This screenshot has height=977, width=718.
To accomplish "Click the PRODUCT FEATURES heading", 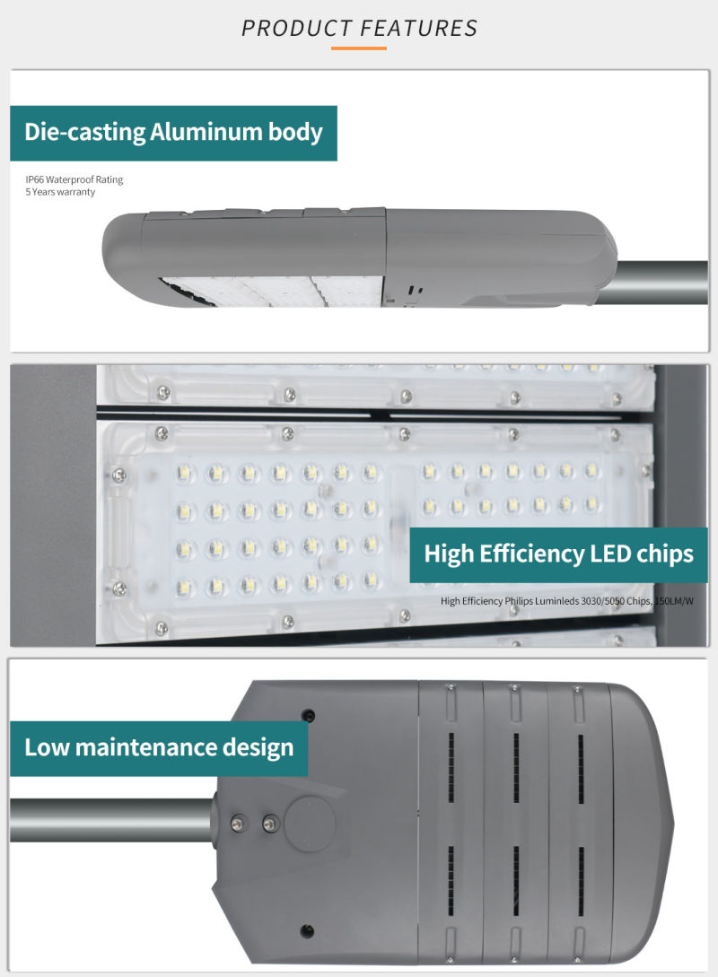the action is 359,28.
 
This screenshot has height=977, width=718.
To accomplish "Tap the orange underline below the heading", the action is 359,48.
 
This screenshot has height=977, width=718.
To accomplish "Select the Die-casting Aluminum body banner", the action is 173,133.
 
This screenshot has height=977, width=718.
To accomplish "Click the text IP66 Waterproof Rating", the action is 74,179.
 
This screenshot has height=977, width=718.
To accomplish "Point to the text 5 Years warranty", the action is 60,192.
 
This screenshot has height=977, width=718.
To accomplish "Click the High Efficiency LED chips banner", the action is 558,554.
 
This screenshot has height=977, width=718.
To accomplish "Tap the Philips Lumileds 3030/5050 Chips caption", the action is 566,601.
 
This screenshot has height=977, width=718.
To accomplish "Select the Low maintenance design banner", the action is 159,747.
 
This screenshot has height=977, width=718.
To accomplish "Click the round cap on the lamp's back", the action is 310,822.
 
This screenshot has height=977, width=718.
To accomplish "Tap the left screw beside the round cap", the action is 238,823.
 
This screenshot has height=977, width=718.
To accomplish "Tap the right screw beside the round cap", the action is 270,823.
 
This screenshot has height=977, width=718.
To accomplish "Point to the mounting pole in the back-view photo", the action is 112,820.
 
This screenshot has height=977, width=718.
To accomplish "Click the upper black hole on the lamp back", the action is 307,715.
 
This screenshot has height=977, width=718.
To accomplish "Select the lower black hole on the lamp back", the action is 307,931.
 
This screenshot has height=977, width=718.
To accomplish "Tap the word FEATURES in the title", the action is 419,28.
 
